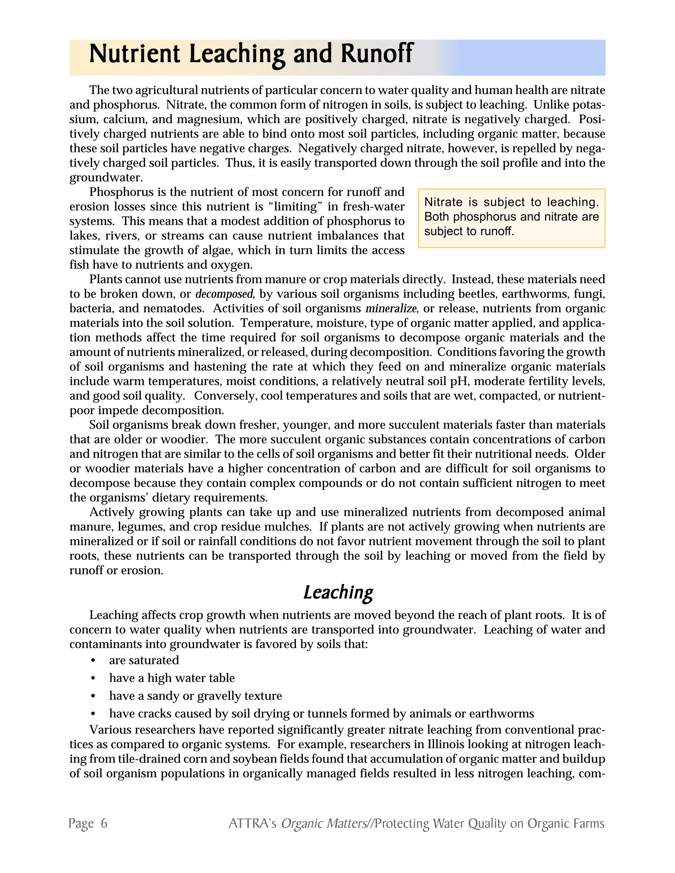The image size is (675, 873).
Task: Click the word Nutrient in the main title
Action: pyautogui.click(x=135, y=54)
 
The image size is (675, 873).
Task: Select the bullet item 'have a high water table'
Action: pyautogui.click(x=172, y=678)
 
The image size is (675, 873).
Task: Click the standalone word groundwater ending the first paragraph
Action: pyautogui.click(x=106, y=178)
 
